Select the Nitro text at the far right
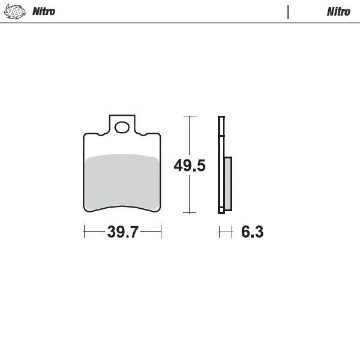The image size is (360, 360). point(338,11)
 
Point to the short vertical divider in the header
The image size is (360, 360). point(288,11)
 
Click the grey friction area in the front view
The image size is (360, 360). point(122,181)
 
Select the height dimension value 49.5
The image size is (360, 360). point(190,166)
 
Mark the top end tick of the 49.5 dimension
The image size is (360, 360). point(190,116)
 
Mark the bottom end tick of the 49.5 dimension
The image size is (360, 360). point(190,212)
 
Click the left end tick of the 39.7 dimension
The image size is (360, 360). point(84,232)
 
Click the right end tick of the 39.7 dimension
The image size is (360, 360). point(161,232)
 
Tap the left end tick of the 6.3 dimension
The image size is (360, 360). point(219,232)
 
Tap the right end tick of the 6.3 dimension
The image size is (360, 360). point(232,232)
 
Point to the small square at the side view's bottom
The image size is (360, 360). point(221,210)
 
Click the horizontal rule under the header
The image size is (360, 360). point(180,23)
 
